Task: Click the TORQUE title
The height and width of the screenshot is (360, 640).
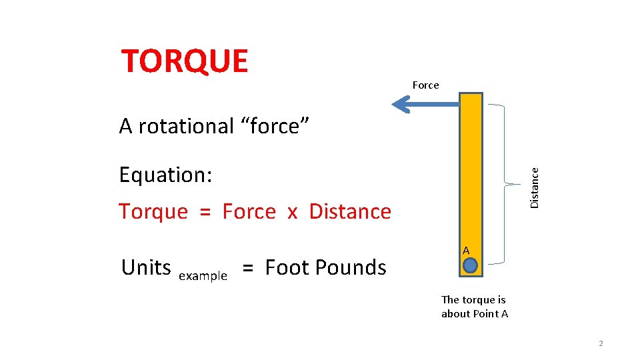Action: pyautogui.click(x=185, y=61)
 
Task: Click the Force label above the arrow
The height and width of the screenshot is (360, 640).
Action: pyautogui.click(x=425, y=85)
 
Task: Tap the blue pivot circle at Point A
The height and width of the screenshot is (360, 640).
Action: pyautogui.click(x=471, y=266)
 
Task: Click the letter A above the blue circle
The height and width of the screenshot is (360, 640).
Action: pyautogui.click(x=466, y=250)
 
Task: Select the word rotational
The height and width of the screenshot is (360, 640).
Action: pyautogui.click(x=185, y=125)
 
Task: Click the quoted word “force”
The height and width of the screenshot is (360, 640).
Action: pyautogui.click(x=275, y=125)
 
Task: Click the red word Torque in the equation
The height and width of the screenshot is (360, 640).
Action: pyautogui.click(x=153, y=211)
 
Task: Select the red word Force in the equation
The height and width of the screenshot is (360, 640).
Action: pyautogui.click(x=249, y=211)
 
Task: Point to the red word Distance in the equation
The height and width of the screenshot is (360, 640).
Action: pyautogui.click(x=350, y=211)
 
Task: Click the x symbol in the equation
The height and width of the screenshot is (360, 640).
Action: pyautogui.click(x=292, y=213)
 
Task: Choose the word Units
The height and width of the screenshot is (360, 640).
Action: pyautogui.click(x=146, y=267)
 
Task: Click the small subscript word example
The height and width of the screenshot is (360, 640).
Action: pyautogui.click(x=203, y=276)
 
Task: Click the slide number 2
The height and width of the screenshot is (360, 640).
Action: pyautogui.click(x=601, y=343)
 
